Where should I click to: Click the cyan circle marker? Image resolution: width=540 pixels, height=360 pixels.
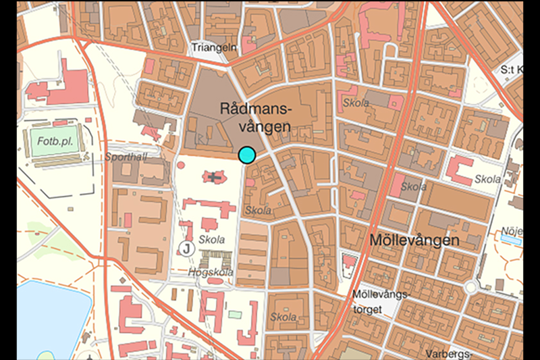coord(247,155)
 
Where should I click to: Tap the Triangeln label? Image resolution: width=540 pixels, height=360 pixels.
coord(213,48)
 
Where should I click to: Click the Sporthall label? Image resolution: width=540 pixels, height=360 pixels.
coord(126,157)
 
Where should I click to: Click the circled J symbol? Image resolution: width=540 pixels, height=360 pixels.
coord(187,249)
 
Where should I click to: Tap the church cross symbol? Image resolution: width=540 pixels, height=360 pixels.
coord(215,178)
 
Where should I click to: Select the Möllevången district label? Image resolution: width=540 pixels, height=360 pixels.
coord(414,240)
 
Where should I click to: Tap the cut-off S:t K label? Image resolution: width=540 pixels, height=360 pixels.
coord(511,70)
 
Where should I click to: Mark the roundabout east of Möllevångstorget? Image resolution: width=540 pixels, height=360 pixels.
coord(470,287)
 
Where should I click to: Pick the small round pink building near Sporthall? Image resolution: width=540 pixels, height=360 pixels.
coord(180,164)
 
